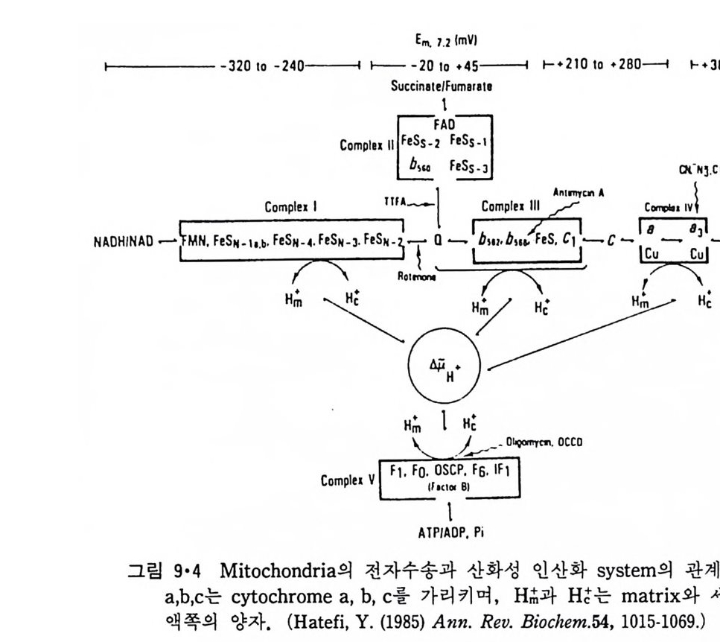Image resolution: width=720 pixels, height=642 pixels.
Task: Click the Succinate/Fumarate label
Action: click(x=442, y=86)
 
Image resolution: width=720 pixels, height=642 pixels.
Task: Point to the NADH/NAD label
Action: click(x=125, y=241)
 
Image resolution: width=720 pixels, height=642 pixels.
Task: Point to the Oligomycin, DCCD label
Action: click(x=544, y=442)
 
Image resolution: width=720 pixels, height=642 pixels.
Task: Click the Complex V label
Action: click(x=348, y=480)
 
